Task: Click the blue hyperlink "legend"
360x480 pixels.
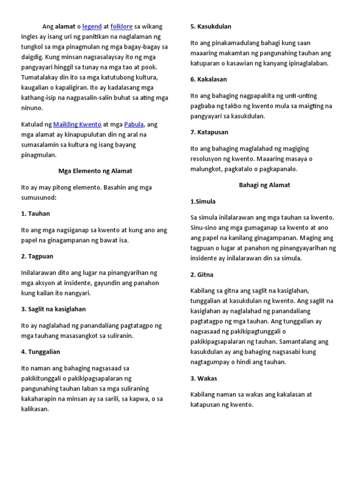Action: point(92,26)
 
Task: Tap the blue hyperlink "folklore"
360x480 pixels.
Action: point(121,26)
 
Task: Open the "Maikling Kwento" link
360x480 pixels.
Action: point(77,124)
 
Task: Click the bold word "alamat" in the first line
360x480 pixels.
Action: point(66,26)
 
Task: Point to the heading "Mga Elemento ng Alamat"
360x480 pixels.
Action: point(95,171)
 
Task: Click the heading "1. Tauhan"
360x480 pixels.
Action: point(36,214)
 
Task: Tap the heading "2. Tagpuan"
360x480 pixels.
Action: point(37,256)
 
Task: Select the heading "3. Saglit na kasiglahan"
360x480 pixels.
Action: point(53,309)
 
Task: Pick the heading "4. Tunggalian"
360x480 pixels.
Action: point(41,352)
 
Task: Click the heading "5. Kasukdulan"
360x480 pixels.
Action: point(211,27)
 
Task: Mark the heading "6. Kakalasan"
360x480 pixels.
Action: point(209,80)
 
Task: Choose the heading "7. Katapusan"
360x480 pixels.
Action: point(209,133)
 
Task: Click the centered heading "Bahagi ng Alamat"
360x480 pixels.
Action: point(264,185)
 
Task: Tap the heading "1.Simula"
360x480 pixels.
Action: point(203,202)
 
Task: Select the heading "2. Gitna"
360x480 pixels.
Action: point(202,275)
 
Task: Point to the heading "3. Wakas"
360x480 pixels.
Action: point(204,379)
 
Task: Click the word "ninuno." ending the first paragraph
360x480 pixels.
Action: point(32,108)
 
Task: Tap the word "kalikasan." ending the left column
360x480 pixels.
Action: point(35,409)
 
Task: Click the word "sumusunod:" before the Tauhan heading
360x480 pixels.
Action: point(39,197)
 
